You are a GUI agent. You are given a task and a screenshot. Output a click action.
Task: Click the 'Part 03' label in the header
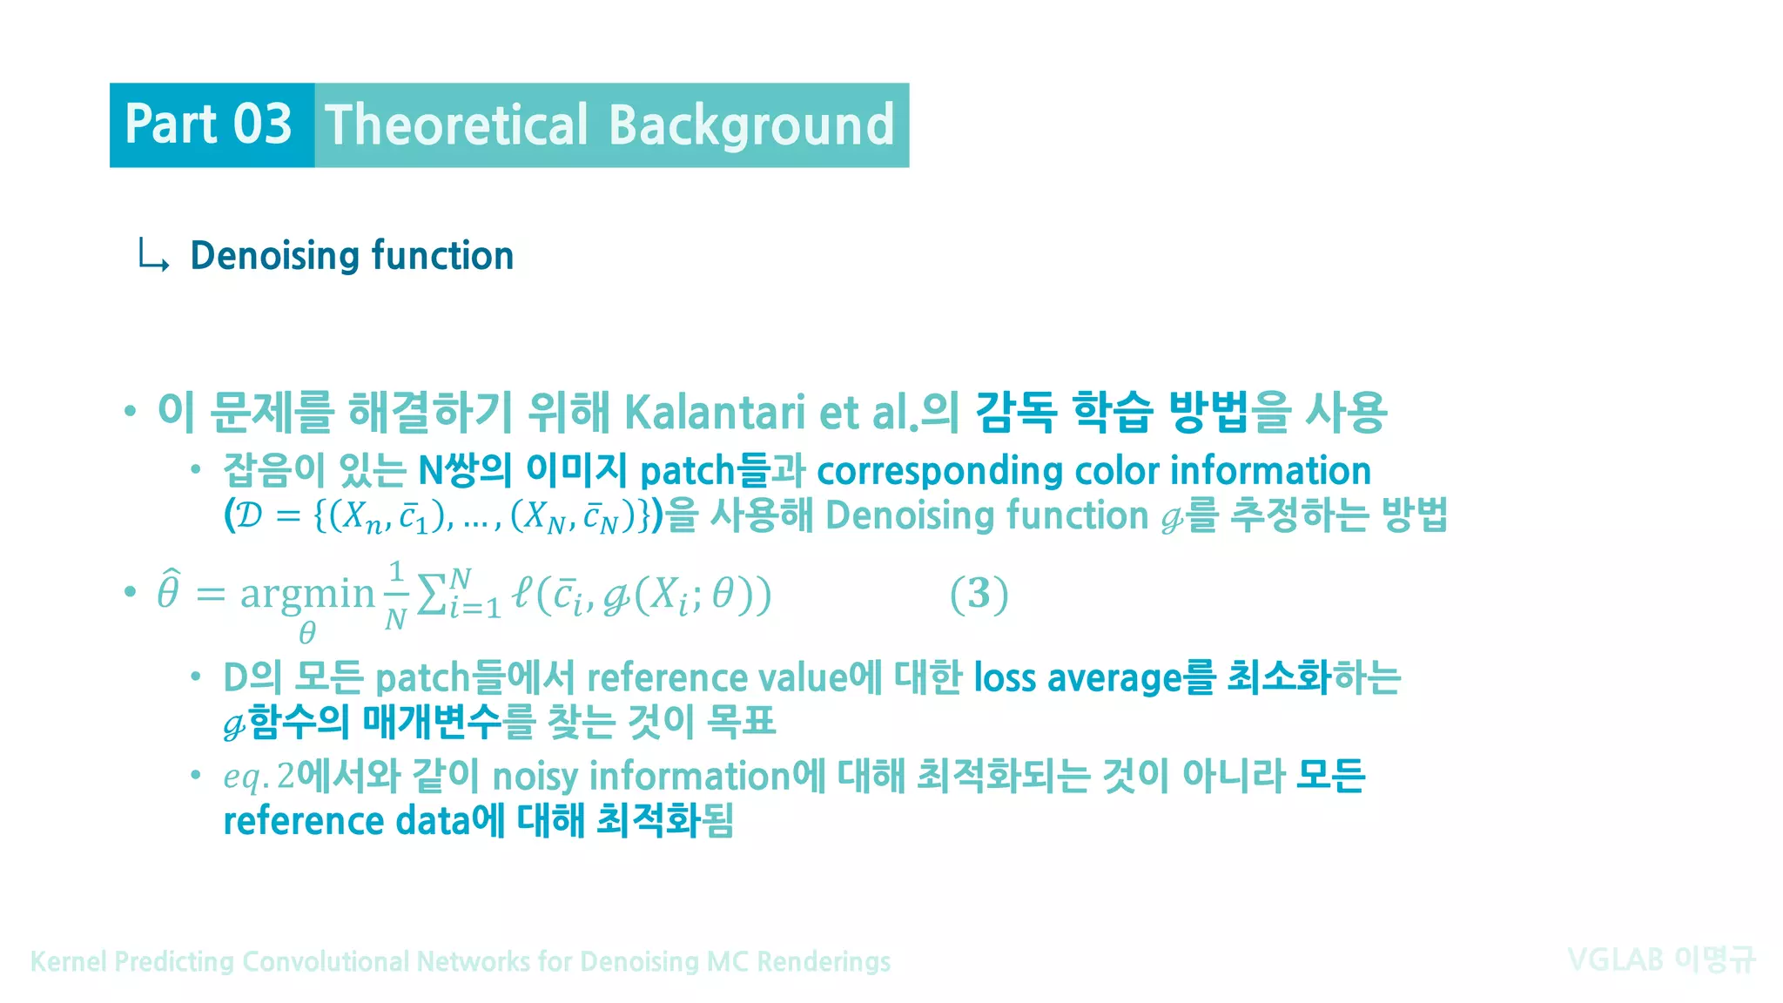click(x=208, y=124)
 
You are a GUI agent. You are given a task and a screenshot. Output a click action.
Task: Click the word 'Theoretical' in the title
click(x=456, y=125)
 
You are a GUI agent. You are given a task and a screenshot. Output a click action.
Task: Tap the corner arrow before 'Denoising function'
click(x=152, y=256)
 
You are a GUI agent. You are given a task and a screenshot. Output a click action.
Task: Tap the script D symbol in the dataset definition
click(x=249, y=515)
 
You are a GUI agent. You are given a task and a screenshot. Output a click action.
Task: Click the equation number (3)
click(x=979, y=594)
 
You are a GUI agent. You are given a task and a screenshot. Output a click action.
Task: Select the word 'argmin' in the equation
click(x=306, y=594)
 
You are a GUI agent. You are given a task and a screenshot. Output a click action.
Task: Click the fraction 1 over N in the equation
click(x=396, y=596)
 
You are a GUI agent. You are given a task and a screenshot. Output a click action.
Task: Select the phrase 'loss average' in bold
click(x=1077, y=677)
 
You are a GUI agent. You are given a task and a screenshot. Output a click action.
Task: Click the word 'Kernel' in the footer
click(x=69, y=961)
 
